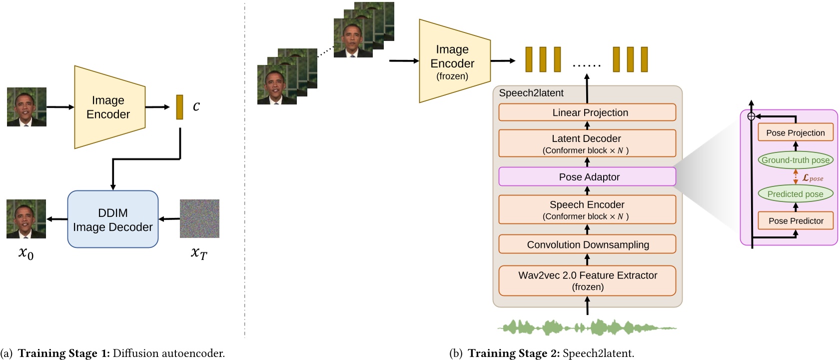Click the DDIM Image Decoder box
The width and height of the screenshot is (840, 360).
coord(113,219)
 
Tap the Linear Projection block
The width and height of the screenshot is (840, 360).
coord(587,112)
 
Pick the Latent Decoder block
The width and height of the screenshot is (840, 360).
coord(587,143)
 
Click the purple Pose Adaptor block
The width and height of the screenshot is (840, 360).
coord(587,177)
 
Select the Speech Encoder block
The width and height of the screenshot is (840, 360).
coord(587,209)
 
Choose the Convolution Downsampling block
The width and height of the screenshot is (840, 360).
coord(587,244)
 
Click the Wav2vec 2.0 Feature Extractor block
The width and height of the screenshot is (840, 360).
coord(587,280)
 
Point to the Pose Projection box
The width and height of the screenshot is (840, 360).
coord(796,132)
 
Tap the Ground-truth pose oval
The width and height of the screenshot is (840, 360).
coord(796,160)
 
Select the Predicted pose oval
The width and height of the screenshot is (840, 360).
coord(796,194)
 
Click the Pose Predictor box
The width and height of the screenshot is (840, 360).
coord(796,220)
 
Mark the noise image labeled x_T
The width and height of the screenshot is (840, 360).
coord(199,219)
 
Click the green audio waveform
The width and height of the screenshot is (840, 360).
coord(587,328)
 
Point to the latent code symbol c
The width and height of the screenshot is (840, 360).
coord(196,106)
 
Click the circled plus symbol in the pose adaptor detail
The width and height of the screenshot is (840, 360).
coord(751,116)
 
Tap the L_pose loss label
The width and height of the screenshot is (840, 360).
coord(813,177)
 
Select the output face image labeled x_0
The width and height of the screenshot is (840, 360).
coord(26,219)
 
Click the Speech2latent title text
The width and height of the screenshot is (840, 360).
coord(531,93)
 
